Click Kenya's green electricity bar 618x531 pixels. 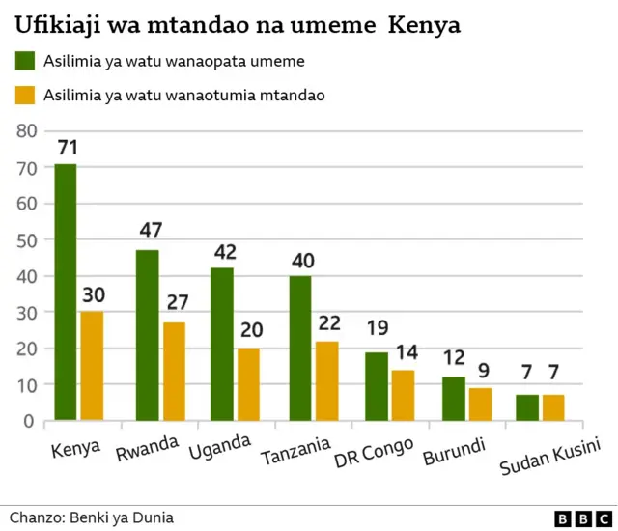pos(65,293)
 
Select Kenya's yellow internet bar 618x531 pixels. pos(91,366)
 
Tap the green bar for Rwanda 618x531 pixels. pos(147,335)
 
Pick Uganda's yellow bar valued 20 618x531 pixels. pos(249,384)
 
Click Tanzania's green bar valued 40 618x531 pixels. pos(300,349)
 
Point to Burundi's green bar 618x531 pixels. pos(453,399)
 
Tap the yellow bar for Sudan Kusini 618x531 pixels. pos(552,407)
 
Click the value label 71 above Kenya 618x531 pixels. pos(67,148)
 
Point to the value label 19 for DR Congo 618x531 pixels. pos(377,328)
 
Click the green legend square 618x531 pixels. pos(25,61)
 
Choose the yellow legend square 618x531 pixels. pos(25,95)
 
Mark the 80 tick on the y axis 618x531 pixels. pos(26,131)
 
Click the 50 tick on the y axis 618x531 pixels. pos(26,240)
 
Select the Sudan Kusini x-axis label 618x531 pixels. pos(550,457)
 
